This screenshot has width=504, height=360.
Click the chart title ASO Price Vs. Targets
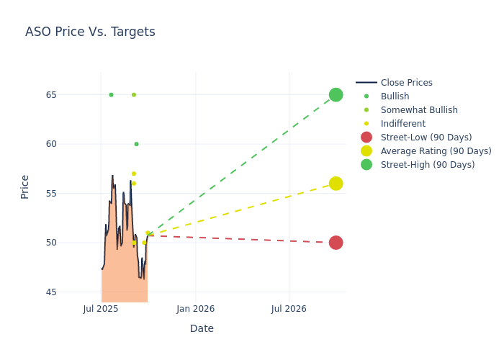90,32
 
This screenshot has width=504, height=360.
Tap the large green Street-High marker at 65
336,95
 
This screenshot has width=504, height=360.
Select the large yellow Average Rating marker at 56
336,184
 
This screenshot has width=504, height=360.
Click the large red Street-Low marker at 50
336,243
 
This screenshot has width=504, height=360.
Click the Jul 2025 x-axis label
101,309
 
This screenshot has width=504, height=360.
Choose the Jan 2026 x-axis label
195,309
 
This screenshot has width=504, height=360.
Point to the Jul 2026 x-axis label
289,309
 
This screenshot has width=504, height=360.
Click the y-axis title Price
25,186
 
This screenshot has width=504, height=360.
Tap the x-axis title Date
202,328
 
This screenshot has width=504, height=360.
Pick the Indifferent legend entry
402,124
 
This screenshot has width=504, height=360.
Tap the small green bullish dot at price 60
136,144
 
